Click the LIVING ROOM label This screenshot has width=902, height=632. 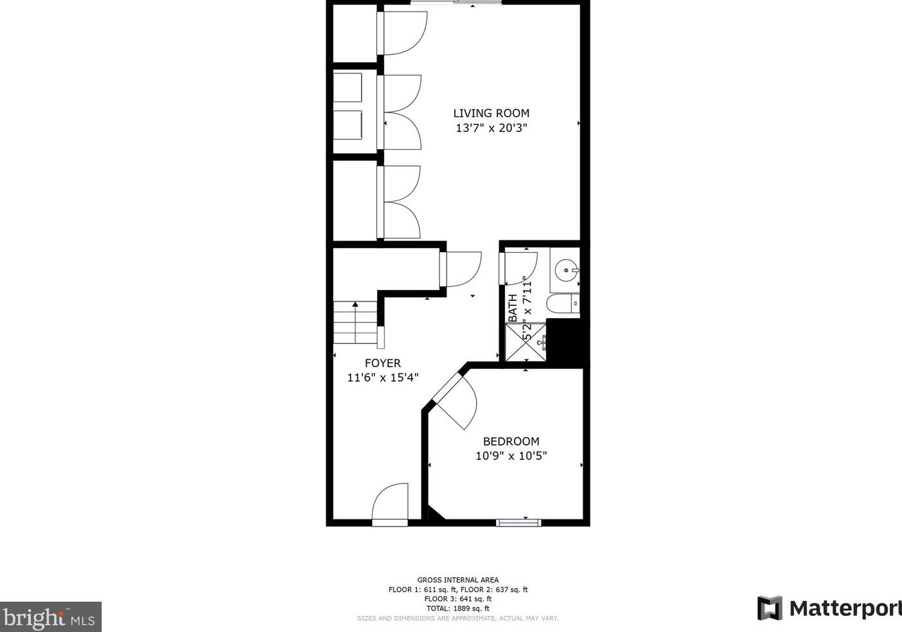[491, 113]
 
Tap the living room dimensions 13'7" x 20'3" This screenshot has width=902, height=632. [491, 128]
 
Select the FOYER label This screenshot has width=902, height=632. [382, 363]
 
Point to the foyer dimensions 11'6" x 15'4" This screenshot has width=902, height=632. [382, 377]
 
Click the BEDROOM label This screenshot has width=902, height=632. [511, 441]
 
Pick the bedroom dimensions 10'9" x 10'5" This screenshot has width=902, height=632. [511, 456]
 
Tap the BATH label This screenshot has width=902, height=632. [513, 309]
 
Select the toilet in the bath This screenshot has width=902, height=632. [563, 303]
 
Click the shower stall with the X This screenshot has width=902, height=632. [526, 342]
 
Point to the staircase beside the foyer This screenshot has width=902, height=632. [356, 323]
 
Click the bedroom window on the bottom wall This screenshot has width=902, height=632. [518, 523]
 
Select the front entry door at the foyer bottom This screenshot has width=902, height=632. [390, 504]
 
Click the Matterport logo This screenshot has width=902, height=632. [829, 608]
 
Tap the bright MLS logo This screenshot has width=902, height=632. [50, 617]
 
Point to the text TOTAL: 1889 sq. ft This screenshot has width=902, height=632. [458, 609]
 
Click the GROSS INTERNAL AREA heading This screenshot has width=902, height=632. [458, 580]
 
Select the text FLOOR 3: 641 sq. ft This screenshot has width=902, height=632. [458, 599]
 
